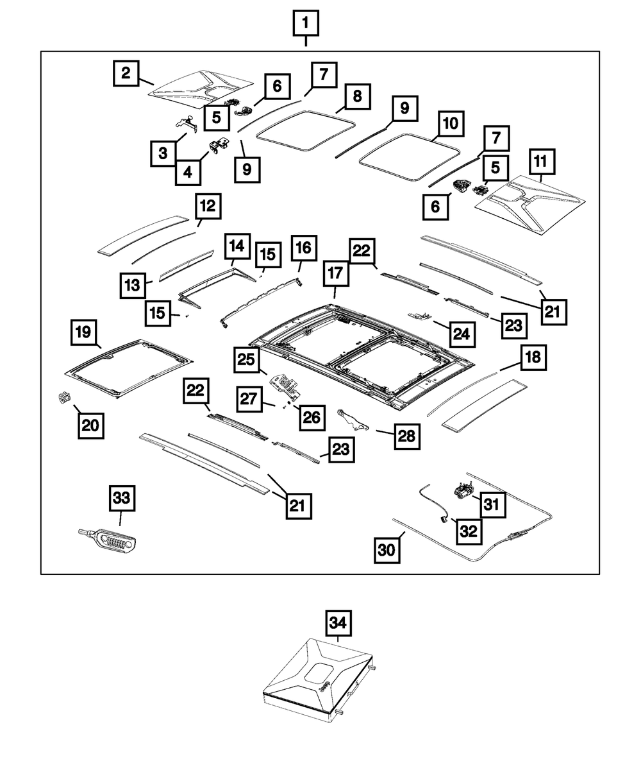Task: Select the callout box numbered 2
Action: point(126,73)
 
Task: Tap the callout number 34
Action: point(339,622)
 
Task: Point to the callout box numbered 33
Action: point(121,498)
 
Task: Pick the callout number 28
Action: point(404,436)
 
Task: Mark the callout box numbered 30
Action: point(388,550)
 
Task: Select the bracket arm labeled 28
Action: point(351,418)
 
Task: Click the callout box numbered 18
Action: point(533,358)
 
